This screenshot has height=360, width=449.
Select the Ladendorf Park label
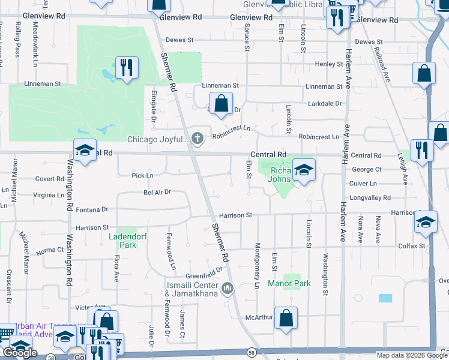[x=124, y=241]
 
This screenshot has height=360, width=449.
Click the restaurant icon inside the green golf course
[x=126, y=67]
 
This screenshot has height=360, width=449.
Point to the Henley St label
[x=328, y=64]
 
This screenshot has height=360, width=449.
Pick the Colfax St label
[x=412, y=246]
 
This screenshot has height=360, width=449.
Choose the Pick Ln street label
[x=142, y=176]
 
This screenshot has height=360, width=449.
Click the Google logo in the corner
[x=20, y=353]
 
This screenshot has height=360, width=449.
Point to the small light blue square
[x=385, y=298]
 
